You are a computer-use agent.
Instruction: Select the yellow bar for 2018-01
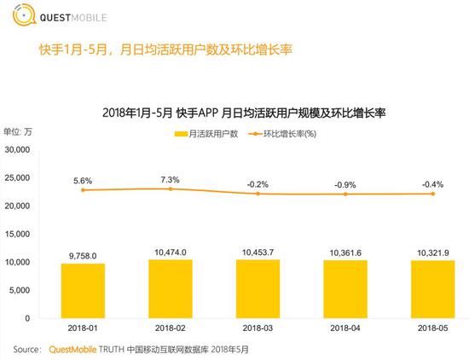[83, 290]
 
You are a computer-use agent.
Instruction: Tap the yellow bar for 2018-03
[258, 287]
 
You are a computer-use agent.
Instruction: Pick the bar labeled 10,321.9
[432, 288]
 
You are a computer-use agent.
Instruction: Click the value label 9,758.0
[83, 255]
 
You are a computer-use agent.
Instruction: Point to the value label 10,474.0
[171, 251]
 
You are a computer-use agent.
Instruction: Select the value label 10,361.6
[345, 252]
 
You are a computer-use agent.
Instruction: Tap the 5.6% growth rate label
[83, 181]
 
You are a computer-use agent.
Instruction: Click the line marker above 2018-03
[258, 194]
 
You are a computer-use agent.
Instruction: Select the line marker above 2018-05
[432, 194]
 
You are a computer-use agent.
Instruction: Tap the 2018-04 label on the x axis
[345, 328]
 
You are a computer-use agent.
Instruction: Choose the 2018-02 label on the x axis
[171, 328]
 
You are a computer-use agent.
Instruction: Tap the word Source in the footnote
[27, 349]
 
